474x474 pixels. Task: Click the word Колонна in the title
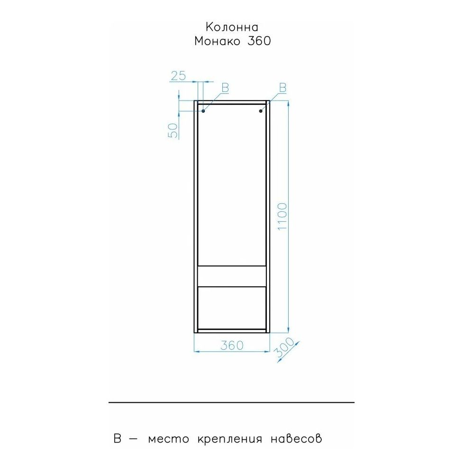[x=232, y=27]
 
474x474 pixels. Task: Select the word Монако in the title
[x=218, y=41]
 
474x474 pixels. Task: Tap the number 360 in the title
[x=259, y=41]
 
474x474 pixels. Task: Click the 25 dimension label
[x=178, y=75]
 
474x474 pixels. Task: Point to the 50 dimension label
[x=173, y=131]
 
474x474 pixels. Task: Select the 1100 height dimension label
[x=282, y=217]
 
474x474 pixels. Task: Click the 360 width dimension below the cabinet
[x=232, y=345]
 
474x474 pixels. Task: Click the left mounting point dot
[x=203, y=111]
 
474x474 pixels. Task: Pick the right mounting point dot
[x=261, y=111]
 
